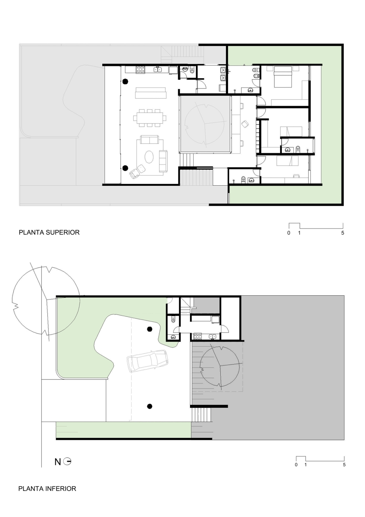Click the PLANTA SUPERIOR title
49,232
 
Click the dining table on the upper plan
150,118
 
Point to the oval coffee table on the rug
149,157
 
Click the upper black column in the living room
125,81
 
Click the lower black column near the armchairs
125,168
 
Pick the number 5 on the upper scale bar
343,233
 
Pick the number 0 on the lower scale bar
296,465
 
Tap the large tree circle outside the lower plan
46,300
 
